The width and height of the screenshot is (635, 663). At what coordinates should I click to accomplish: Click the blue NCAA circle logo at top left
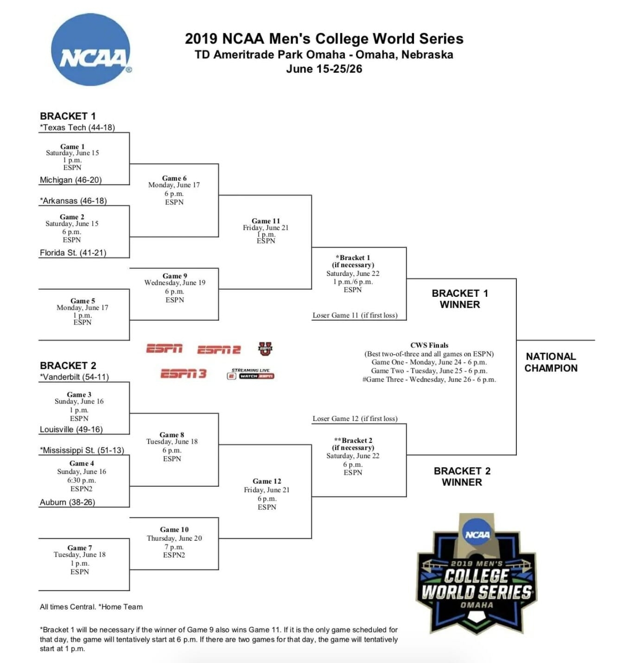pos(91,50)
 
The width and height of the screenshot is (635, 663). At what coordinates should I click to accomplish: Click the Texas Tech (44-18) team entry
pos(77,127)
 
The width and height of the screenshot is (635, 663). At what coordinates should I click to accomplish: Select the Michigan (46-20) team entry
pos(70,180)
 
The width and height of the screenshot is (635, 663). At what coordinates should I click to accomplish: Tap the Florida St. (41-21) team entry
pos(73,253)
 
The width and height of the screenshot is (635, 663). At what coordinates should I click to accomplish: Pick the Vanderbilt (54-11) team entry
pos(74,377)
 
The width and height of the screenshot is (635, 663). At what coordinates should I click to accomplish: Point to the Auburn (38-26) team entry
pos(67,502)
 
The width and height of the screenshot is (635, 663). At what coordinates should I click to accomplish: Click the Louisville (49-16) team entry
pos(71,429)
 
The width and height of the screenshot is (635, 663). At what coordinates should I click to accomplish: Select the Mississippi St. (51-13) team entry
pos(82,450)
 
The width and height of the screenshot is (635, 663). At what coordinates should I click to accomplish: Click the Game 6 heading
pos(174,178)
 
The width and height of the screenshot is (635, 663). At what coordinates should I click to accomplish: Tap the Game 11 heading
pos(266,221)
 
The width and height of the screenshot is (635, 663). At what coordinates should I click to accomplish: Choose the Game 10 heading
pos(174,529)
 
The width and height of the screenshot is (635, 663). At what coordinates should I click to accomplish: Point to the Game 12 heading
pos(267,481)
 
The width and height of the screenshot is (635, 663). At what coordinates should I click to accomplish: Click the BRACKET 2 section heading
pos(68,365)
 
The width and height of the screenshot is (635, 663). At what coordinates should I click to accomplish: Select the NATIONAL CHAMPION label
pos(551,362)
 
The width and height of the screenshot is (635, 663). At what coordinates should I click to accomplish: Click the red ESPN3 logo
pos(183,374)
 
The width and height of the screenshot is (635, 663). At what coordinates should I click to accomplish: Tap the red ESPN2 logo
pos(219,350)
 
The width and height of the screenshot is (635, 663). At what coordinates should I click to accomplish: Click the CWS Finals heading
pos(429,345)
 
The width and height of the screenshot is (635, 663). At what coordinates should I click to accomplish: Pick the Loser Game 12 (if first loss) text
pos(355,419)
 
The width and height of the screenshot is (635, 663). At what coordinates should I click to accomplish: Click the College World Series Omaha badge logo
pos(476,575)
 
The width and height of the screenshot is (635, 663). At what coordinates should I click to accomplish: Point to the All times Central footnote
pos(91,607)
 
